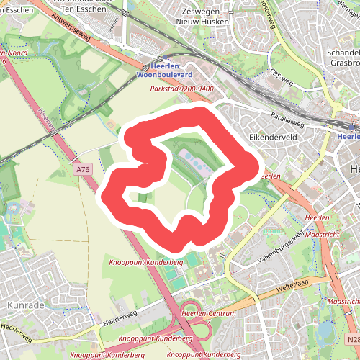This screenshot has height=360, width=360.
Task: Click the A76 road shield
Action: (84, 170)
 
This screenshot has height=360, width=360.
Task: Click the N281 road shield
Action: (351, 339)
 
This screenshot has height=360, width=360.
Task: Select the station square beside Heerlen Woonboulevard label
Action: (166, 57)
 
